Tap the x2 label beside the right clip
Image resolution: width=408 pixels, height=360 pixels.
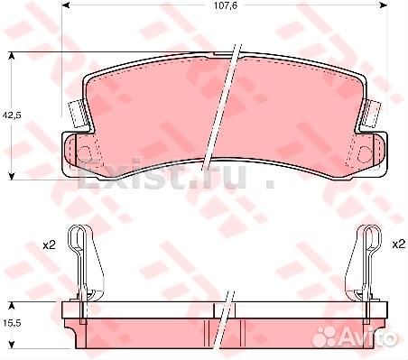click(396, 245)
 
